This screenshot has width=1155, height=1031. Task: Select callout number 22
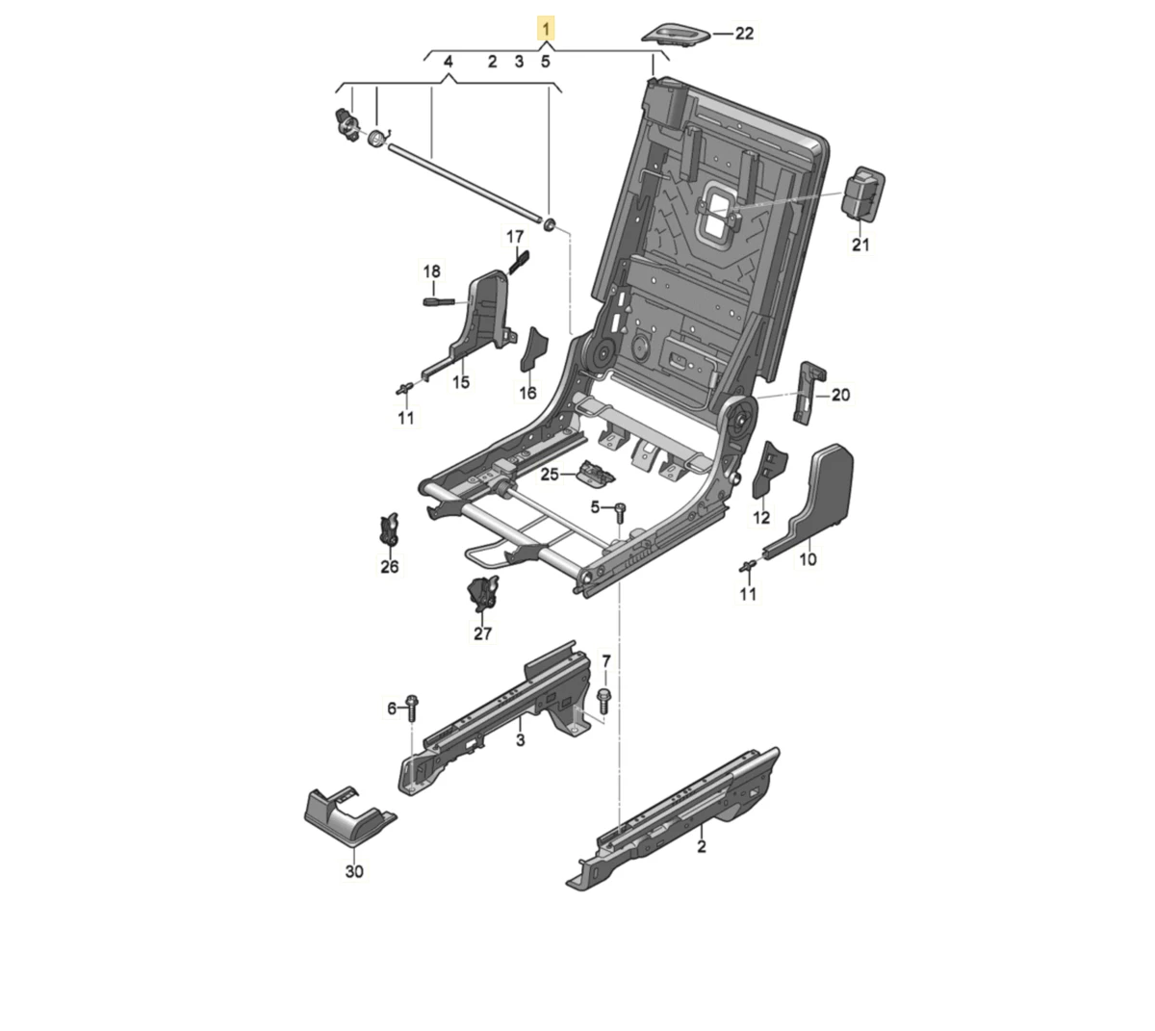click(x=744, y=34)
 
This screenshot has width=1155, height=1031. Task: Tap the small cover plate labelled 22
click(x=677, y=34)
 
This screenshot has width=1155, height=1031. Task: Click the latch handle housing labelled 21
click(x=863, y=193)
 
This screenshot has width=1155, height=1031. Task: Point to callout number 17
click(x=515, y=237)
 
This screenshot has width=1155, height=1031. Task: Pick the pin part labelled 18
click(x=438, y=301)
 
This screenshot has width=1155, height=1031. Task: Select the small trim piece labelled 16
click(x=533, y=349)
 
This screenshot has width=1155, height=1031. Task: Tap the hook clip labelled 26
click(x=390, y=528)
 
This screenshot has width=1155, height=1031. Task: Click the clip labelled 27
click(x=482, y=593)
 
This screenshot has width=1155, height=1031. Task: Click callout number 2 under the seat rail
click(x=702, y=846)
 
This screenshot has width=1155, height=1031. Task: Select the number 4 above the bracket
click(x=449, y=62)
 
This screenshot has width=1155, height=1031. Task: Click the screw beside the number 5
click(x=620, y=512)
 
